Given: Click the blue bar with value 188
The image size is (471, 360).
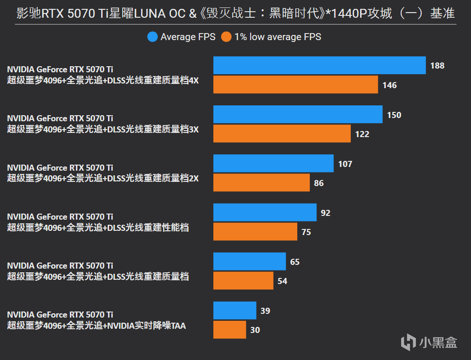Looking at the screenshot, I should [x=320, y=65].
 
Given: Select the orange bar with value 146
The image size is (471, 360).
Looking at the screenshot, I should [x=295, y=85].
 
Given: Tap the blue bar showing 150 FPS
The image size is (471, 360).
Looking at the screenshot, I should [x=298, y=114].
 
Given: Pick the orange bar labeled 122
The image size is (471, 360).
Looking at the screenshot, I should [x=282, y=134].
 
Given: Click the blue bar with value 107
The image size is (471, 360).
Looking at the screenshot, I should [x=273, y=163].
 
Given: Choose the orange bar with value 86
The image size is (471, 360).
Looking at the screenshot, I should [x=261, y=183].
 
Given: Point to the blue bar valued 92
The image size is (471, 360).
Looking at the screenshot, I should [x=265, y=212].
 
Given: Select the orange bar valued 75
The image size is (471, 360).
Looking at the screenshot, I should [x=255, y=232].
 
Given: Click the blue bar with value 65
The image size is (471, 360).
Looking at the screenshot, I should [x=249, y=261].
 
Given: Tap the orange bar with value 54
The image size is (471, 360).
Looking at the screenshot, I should [x=243, y=281].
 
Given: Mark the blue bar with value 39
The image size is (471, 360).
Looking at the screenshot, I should [x=235, y=310].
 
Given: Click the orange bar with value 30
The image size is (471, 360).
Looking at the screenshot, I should [x=230, y=330].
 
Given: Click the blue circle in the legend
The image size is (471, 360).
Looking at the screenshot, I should [x=152, y=37].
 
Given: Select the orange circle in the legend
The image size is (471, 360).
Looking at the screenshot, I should [x=226, y=37].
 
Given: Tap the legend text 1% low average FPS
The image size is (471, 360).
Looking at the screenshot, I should [x=278, y=37].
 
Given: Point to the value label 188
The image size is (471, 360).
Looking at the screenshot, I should [x=437, y=66].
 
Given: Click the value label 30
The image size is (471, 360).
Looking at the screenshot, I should [x=255, y=330].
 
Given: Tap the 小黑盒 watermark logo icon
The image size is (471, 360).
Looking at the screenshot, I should [x=409, y=341].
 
